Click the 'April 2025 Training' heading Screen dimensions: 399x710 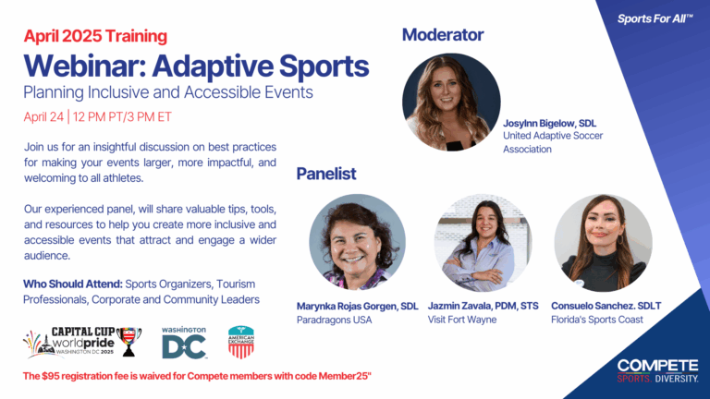[95, 37]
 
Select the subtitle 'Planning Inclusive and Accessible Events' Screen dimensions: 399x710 [169, 93]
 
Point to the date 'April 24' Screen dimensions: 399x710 [50, 117]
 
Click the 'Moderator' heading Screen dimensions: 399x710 [442, 35]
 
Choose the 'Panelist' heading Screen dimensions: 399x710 [326, 174]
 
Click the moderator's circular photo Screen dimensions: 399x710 [451, 102]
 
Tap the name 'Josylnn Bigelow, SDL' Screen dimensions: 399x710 [554, 122]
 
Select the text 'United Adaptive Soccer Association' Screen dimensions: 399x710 [552, 141]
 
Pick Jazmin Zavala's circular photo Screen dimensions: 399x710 [483, 242]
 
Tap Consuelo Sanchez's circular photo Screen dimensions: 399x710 [603, 242]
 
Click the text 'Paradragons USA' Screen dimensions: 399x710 [334, 320]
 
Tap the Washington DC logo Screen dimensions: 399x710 [184, 342]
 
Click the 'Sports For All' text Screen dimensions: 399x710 [655, 18]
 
